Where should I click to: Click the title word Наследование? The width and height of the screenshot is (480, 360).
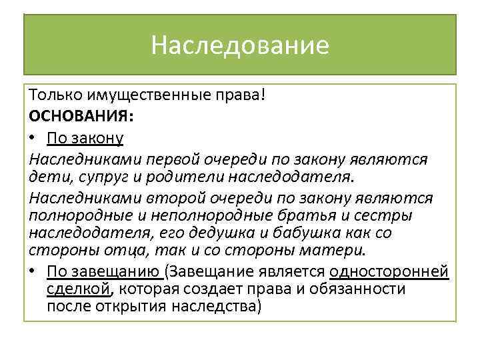pos(240,45)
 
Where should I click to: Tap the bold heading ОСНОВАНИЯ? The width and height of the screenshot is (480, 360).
pos(81,116)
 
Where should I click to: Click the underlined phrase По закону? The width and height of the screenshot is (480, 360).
pos(85,138)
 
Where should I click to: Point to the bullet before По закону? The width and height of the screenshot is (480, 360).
pos(33,138)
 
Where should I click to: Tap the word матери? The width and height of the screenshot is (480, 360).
pos(333,251)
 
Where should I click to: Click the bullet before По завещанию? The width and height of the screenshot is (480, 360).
pos(33,271)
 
